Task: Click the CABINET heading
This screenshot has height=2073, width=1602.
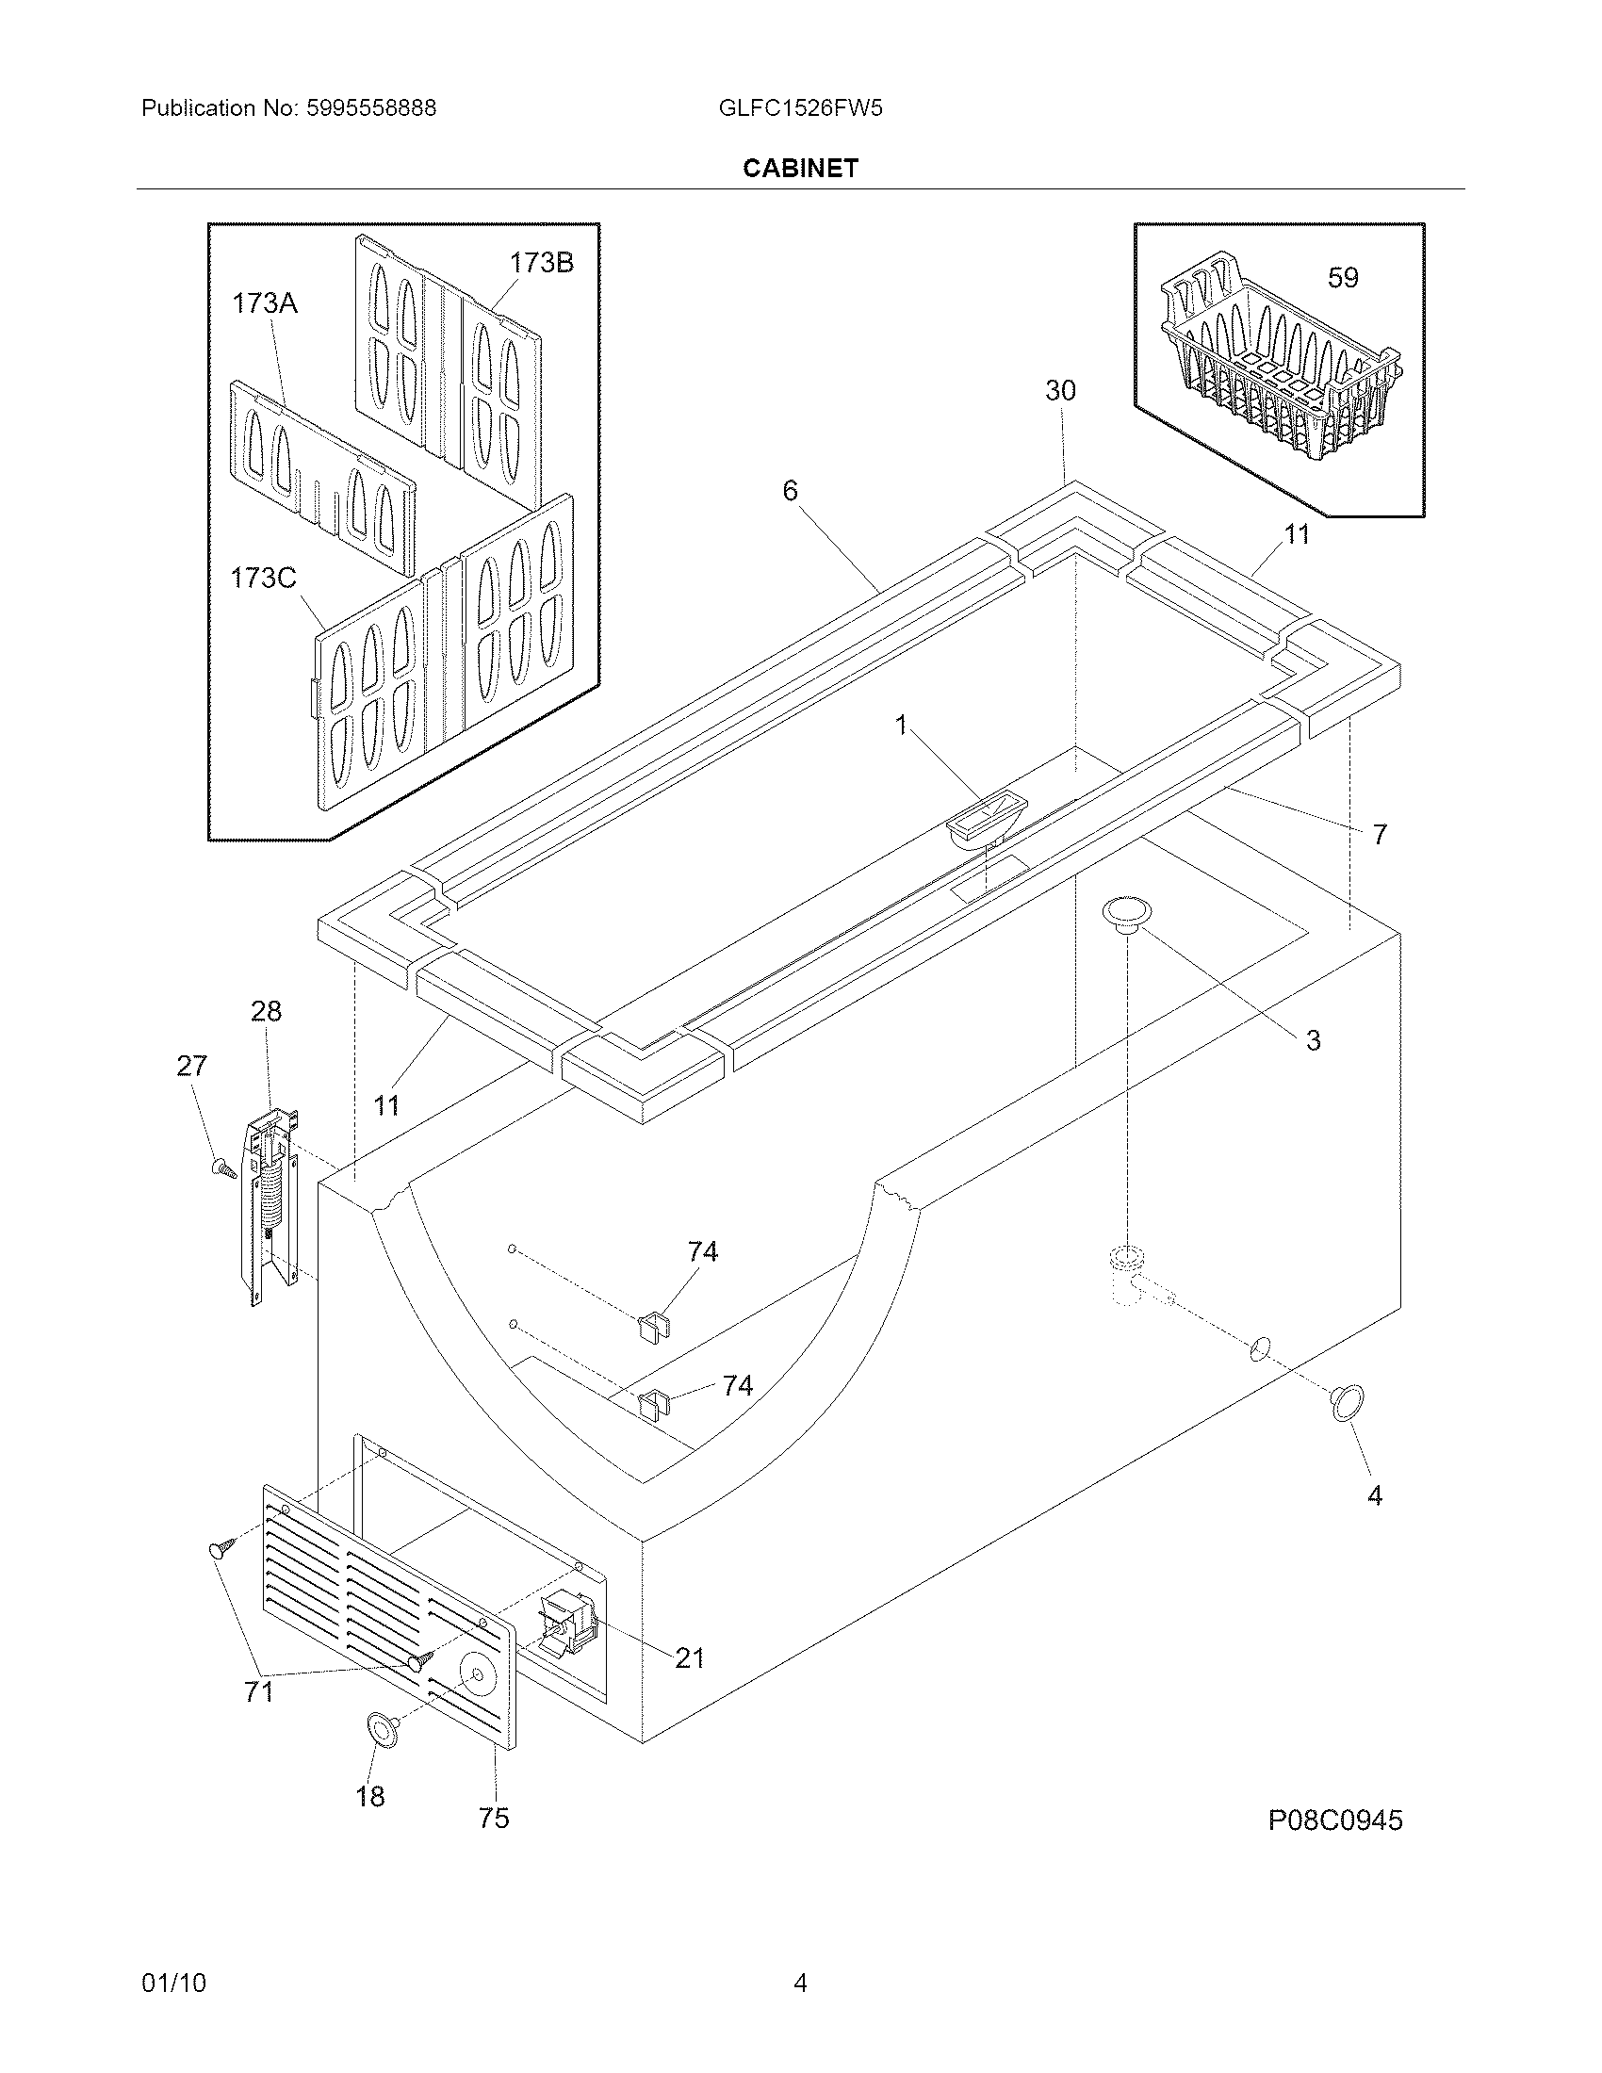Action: [x=800, y=168]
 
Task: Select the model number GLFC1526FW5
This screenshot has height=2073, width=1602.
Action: [x=800, y=108]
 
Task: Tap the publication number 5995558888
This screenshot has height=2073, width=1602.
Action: [x=371, y=108]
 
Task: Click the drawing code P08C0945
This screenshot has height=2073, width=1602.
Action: [x=1334, y=1820]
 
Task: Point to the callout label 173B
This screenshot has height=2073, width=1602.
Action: [x=541, y=263]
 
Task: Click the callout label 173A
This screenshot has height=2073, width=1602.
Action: [x=265, y=303]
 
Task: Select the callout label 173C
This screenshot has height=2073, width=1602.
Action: [x=263, y=577]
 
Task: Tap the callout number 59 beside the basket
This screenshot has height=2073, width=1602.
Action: [x=1342, y=278]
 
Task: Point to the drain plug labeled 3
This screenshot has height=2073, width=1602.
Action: [x=1126, y=913]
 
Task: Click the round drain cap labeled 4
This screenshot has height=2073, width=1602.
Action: [x=1347, y=1403]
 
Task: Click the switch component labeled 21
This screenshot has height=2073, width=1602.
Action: [x=566, y=1624]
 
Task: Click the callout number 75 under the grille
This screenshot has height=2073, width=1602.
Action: [x=494, y=1818]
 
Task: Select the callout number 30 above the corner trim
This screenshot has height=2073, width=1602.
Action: [x=1060, y=390]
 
